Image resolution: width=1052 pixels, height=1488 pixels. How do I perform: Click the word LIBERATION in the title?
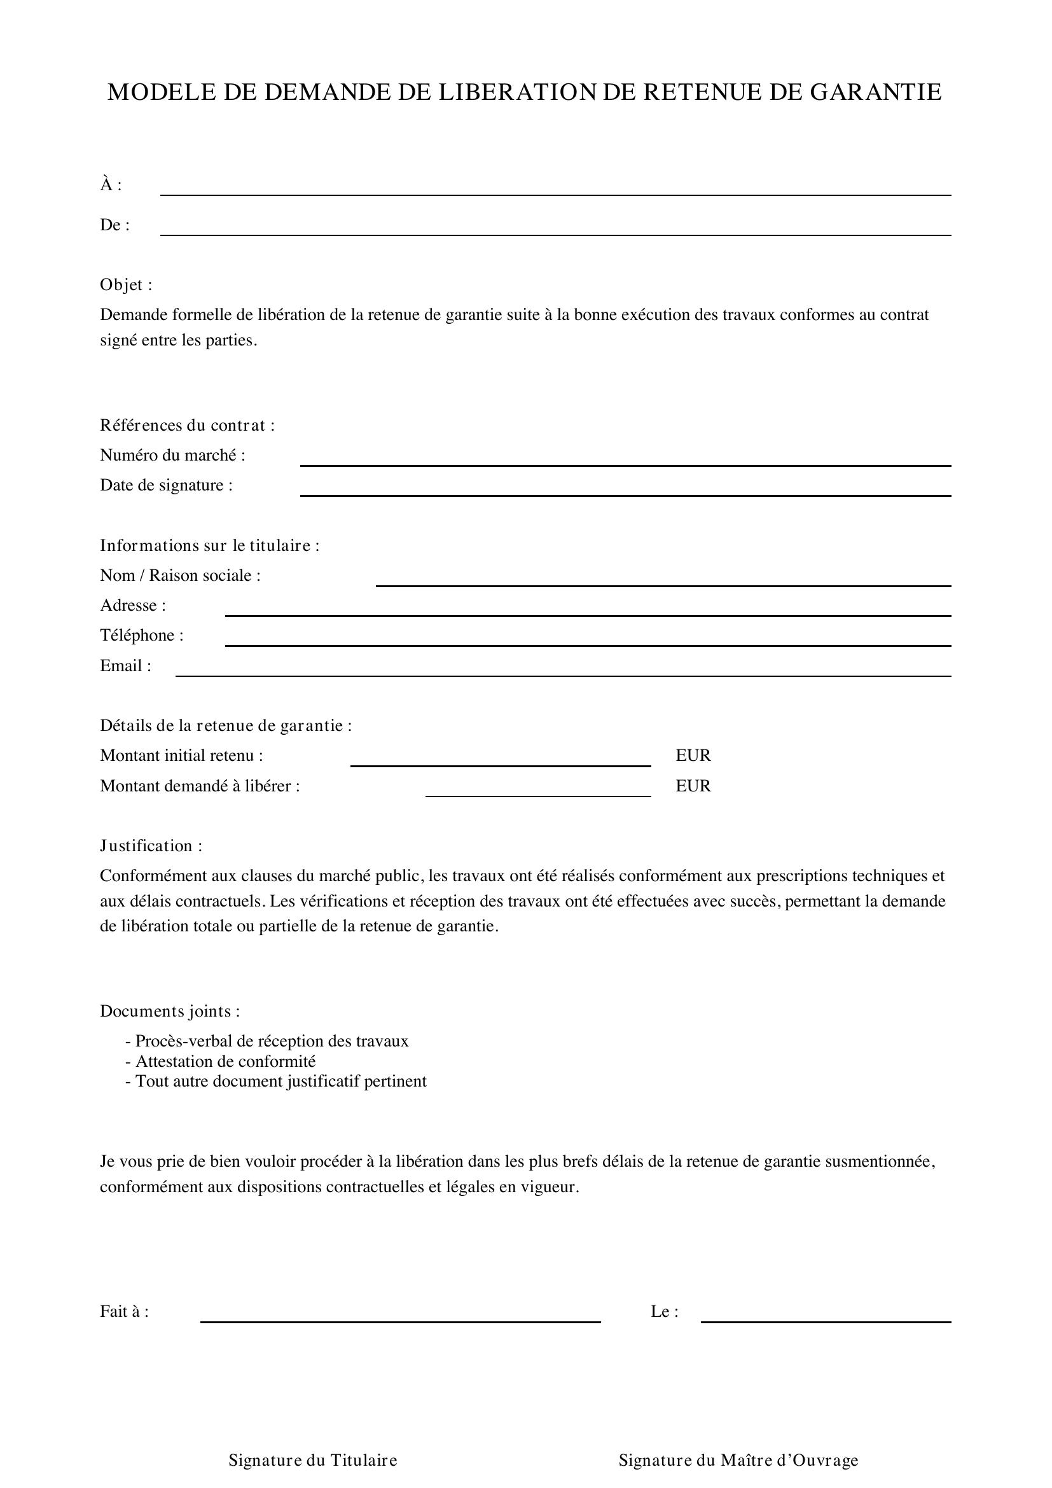[517, 92]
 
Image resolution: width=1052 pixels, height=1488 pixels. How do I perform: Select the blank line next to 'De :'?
[555, 230]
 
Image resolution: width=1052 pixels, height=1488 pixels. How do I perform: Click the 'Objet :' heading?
[127, 284]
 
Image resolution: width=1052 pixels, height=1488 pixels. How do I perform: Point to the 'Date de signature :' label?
[166, 485]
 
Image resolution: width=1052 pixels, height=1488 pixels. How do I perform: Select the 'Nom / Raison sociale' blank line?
[663, 581]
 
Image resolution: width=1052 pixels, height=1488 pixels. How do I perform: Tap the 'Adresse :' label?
[133, 604]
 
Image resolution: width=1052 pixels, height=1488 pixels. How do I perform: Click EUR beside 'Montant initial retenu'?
[693, 755]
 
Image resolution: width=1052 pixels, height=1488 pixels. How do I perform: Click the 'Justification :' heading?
[151, 845]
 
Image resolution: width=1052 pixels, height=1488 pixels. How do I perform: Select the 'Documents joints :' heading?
[170, 1010]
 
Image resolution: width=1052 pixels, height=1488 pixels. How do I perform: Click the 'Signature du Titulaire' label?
[313, 1459]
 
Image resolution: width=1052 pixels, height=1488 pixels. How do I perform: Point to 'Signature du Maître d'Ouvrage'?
[738, 1459]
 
